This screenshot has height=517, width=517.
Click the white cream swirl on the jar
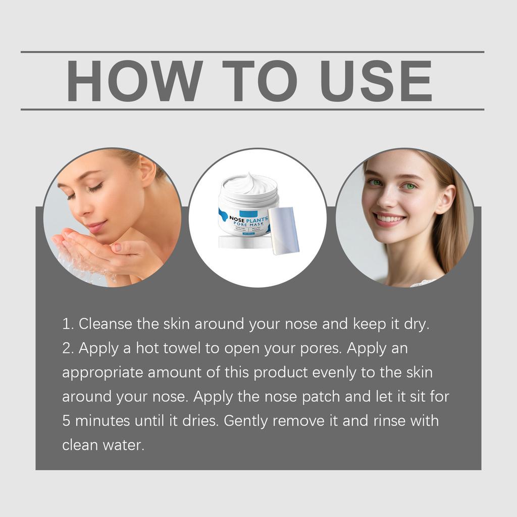pos(248,183)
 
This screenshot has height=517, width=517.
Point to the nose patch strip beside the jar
pos(284,230)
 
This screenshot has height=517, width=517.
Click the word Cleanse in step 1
pos(106,324)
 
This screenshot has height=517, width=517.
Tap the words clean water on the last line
pos(103,445)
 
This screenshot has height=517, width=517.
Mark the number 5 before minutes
pos(66,421)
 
